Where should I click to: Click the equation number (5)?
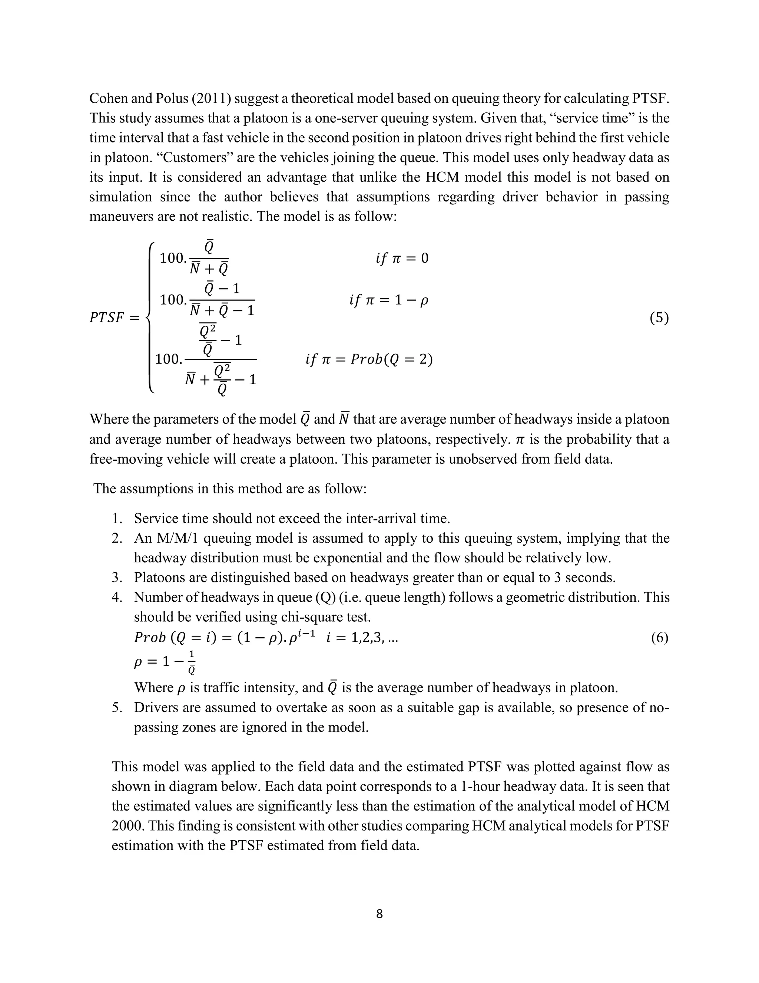659,318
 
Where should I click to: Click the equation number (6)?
659,638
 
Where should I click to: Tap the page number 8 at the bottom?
379,913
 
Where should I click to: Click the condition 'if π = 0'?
401,258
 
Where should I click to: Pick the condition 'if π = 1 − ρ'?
388,300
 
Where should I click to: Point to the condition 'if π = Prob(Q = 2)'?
369,359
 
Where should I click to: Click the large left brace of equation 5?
150,318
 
